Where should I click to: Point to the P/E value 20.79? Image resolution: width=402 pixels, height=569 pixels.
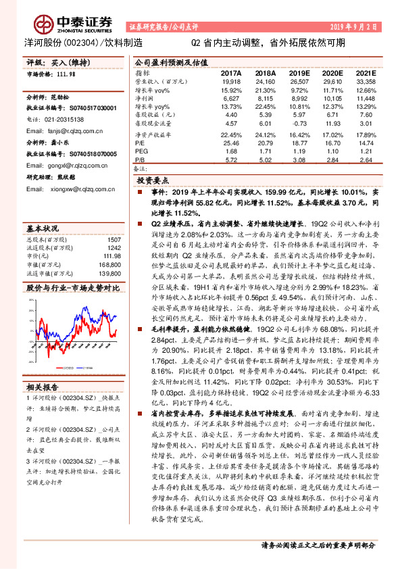[266, 143]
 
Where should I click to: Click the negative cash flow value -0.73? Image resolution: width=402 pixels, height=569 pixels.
[299, 124]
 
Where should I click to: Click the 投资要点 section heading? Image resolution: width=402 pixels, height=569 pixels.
[153, 181]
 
